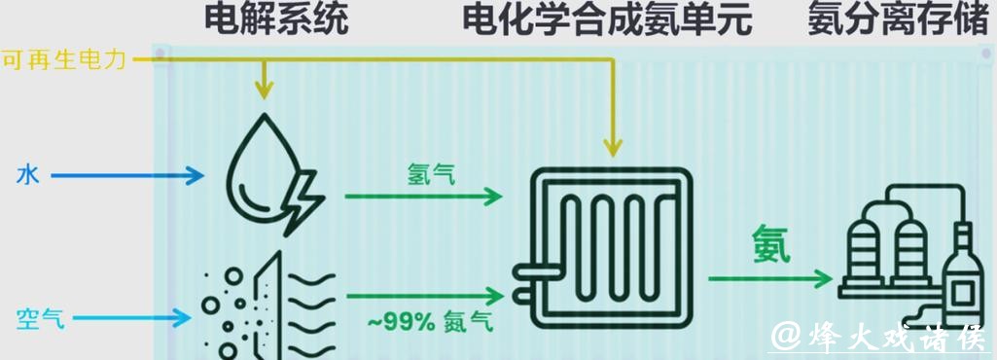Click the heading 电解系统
pos(276,19)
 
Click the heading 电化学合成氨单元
pos(607,19)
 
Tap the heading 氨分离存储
pos(897,19)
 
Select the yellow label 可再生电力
pos(64,60)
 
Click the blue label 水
pos(27,176)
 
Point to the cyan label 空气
pos(40,317)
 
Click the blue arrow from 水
pos(126,176)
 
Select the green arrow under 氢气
pos(422,197)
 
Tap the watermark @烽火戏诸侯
pos(881,336)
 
